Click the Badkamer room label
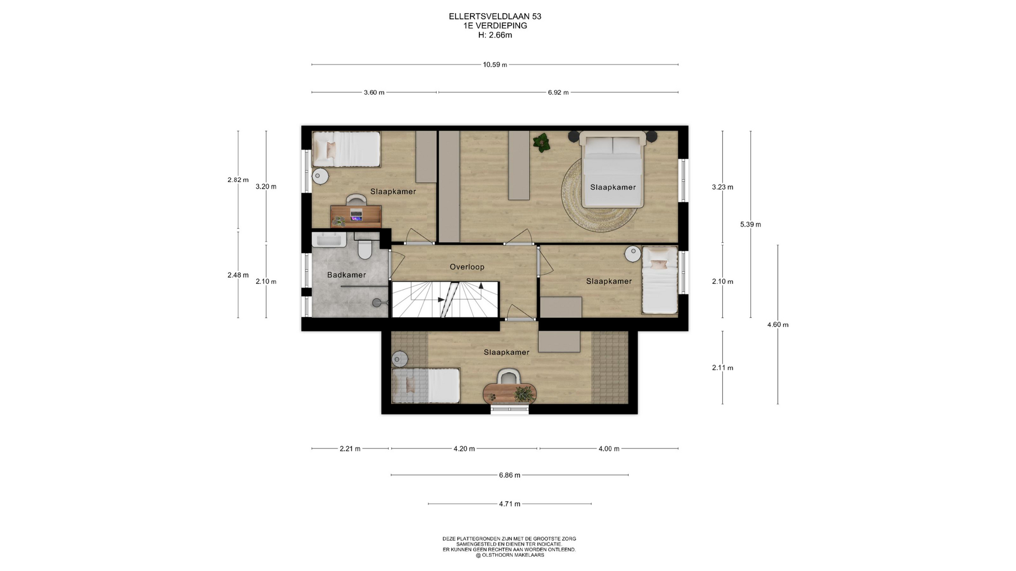[346, 275]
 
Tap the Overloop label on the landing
[467, 267]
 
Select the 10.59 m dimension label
[495, 65]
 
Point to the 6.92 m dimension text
[558, 93]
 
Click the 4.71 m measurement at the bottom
[510, 504]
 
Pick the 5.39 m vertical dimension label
[750, 224]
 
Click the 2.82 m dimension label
[238, 180]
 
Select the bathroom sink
[329, 241]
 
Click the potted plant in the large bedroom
[541, 142]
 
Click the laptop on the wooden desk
[356, 215]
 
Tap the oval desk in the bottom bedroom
[510, 393]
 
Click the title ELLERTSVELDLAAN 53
[495, 16]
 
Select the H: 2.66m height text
[495, 35]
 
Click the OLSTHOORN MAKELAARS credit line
[510, 555]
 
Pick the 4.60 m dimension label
[778, 325]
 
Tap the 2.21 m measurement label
[350, 449]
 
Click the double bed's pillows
[612, 145]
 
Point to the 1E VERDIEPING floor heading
[495, 26]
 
